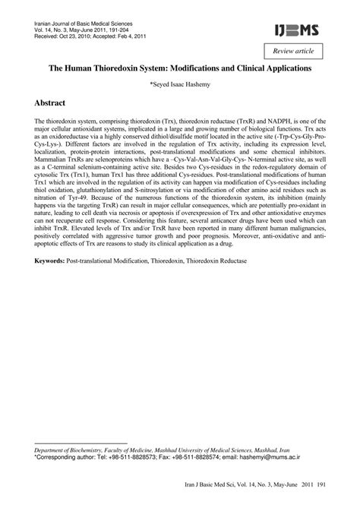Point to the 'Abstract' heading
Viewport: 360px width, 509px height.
tap(56, 102)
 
